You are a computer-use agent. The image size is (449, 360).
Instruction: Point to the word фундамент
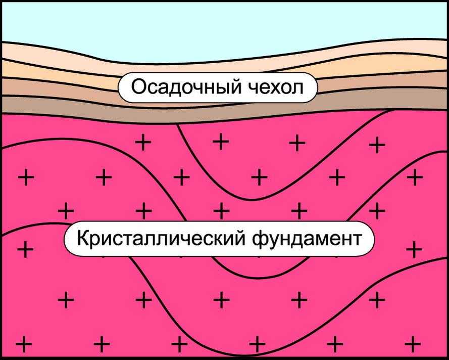[307, 239]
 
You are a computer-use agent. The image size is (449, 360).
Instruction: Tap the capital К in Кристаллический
[84, 238]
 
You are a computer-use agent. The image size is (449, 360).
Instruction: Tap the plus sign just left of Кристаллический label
[25, 250]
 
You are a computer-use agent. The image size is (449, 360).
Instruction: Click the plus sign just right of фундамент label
[414, 249]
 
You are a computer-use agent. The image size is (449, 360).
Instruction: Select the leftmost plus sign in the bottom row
[24, 344]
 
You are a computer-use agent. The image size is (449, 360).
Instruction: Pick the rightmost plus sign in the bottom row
[413, 343]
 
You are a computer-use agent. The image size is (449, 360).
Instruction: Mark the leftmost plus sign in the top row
[143, 142]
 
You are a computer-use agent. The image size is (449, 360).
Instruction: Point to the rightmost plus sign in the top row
[377, 145]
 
